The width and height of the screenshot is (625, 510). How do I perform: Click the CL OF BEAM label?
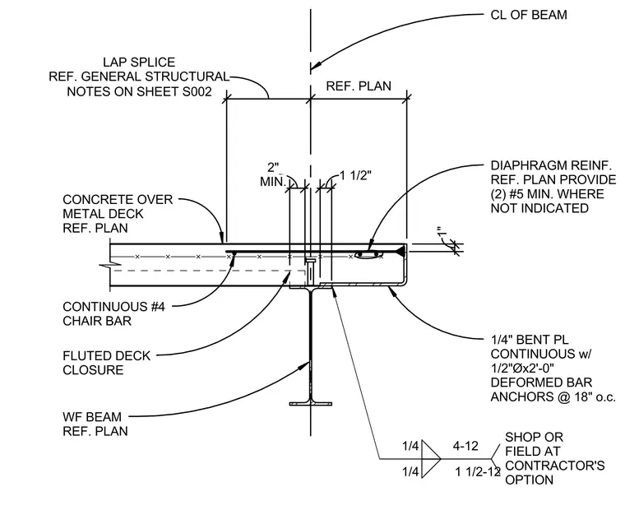[529, 15]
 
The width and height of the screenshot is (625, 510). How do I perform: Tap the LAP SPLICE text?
[139, 63]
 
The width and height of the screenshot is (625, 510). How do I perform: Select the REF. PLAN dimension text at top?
[359, 86]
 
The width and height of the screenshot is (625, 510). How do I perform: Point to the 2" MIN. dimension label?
[273, 174]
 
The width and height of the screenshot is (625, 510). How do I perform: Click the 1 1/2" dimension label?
[355, 175]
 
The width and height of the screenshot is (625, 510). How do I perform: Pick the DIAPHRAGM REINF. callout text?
[553, 187]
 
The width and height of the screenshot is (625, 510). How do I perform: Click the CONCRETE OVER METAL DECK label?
[118, 214]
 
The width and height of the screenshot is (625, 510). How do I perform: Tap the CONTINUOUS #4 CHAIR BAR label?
[113, 313]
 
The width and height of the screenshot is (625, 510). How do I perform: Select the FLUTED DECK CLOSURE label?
[106, 363]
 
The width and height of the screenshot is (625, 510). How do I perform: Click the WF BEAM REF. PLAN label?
[95, 424]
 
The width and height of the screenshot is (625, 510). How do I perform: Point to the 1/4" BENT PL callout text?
[553, 368]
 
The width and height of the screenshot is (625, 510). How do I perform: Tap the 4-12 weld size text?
[465, 446]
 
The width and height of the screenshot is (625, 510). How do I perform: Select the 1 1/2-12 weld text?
[478, 472]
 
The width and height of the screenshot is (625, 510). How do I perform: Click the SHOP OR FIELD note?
[555, 458]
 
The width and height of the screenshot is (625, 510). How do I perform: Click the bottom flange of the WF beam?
[311, 404]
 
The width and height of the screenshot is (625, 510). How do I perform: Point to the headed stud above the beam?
[311, 271]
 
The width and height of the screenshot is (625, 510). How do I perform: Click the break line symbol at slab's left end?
[111, 264]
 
